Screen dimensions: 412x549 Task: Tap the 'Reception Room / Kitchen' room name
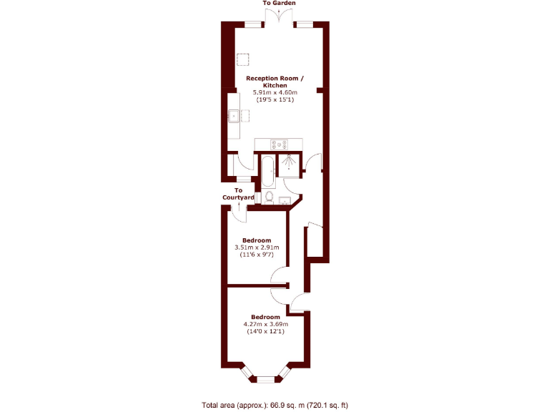pos(275,82)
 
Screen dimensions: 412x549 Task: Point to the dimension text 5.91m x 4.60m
pos(275,92)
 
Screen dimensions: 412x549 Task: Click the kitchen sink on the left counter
pos(233,114)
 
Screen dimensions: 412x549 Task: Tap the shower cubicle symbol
pos(289,165)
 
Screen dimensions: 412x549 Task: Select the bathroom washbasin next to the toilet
pos(285,200)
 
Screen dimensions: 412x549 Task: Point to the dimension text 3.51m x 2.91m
pos(256,247)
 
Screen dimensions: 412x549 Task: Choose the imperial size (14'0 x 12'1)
pos(265,332)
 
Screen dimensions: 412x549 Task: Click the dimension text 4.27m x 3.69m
pos(265,324)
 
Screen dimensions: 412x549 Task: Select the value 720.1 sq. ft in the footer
pos(324,405)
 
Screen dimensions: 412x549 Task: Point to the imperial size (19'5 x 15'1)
pos(275,100)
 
